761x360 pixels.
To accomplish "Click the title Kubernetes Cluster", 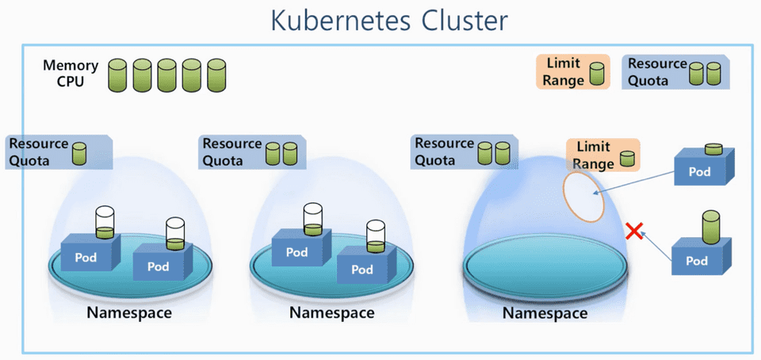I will coord(388,21).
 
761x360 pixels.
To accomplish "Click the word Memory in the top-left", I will coord(71,66).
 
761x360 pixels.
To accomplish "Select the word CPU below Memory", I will coord(71,82).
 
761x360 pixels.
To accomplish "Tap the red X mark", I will coord(633,232).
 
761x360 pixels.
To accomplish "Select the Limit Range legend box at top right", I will coord(573,71).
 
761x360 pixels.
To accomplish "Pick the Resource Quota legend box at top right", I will coord(675,71).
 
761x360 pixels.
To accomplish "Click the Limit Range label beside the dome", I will coord(603,155).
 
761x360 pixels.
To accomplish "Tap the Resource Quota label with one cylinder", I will coord(59,151).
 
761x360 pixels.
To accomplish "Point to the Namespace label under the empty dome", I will coord(545,314).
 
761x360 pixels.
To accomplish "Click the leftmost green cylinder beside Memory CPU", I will coord(118,75).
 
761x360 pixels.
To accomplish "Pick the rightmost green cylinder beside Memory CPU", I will coord(216,75).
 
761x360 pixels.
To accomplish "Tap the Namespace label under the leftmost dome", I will coord(129,312).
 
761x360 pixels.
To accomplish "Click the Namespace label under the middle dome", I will coord(331,312).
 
